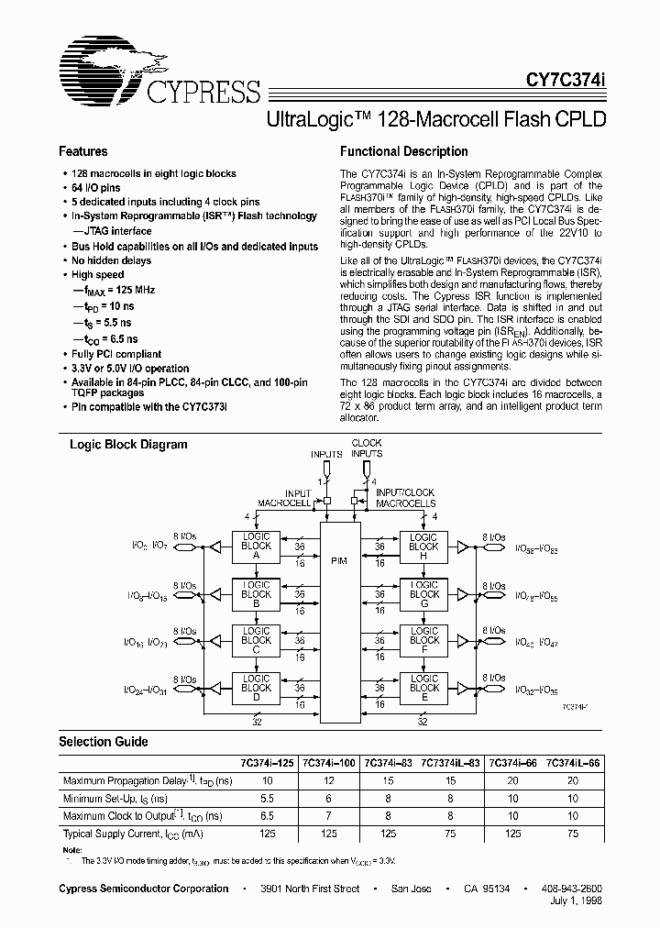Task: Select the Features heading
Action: tap(83, 151)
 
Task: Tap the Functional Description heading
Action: tap(403, 151)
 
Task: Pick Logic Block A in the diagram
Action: tap(256, 546)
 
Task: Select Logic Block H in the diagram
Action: tap(423, 546)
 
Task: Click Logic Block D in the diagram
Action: tap(256, 688)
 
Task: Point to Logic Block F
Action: tap(423, 640)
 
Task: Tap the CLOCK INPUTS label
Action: tap(367, 448)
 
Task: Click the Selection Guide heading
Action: tap(104, 741)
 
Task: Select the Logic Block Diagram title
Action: tap(129, 444)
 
